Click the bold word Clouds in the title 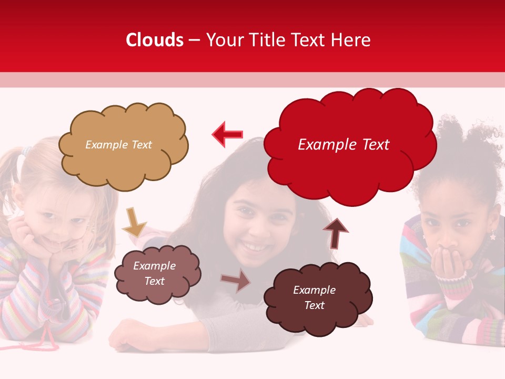click(x=155, y=40)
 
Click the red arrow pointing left click(x=228, y=134)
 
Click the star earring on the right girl click(x=493, y=236)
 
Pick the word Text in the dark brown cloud click(x=314, y=305)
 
